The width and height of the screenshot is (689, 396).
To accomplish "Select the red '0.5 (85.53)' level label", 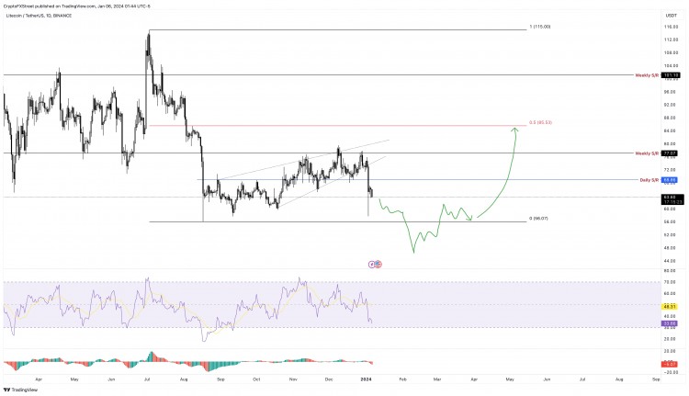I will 540,122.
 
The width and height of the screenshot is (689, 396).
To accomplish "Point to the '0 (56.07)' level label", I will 540,220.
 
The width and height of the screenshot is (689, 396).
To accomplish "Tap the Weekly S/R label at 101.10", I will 648,75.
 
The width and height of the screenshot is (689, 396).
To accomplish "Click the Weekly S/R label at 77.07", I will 648,153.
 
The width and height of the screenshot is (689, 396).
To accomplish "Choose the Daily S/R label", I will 649,180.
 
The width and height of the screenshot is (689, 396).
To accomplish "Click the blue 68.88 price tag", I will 670,180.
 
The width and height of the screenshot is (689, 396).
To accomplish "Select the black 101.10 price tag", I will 670,75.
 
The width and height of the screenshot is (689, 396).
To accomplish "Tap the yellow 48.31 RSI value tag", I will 670,305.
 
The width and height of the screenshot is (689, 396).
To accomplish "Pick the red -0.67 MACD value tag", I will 670,364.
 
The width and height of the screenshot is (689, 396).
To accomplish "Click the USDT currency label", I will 670,16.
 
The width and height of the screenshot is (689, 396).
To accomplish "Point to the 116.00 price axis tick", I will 670,28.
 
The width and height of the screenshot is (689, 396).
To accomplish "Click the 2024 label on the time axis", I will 367,378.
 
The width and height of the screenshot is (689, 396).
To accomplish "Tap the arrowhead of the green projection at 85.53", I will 515,130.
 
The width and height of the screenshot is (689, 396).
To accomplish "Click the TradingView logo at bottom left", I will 19,389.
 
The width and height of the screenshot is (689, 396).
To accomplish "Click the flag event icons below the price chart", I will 375,264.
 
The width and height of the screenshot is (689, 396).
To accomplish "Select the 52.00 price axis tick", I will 670,234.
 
